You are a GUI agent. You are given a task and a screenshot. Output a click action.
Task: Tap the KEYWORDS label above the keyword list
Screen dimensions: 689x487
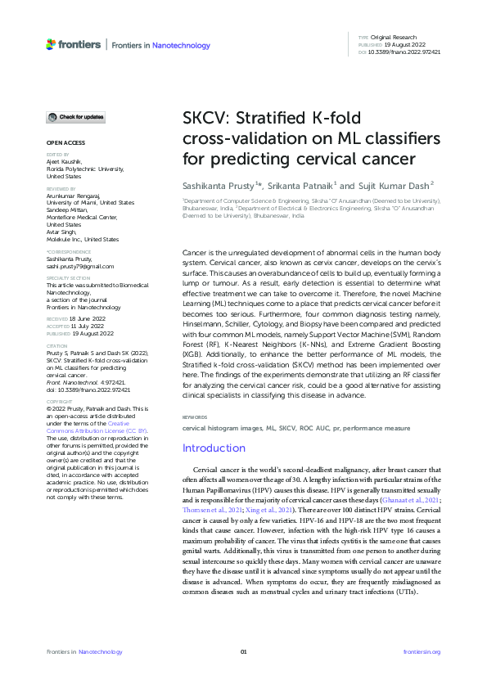tap(195, 417)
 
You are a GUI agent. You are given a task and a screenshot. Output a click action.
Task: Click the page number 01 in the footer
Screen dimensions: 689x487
tap(243, 651)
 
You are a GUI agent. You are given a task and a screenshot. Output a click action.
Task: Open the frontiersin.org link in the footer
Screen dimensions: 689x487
tap(422, 651)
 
